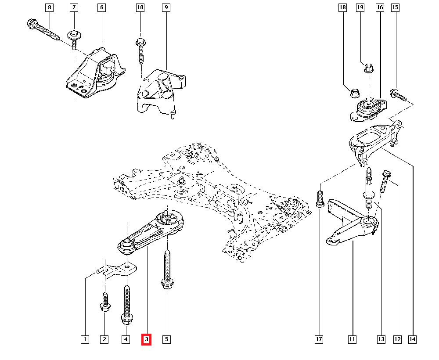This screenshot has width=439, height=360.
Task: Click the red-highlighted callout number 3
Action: pos(146,339)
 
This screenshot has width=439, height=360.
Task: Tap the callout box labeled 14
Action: pos(413,339)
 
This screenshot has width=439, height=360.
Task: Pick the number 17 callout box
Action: pos(319,339)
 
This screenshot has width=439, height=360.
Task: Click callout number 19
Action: pos(360,7)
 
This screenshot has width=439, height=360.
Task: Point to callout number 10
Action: pos(140,7)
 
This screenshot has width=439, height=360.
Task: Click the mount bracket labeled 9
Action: pos(160,92)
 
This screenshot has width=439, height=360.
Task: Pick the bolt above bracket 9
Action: pos(140,50)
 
